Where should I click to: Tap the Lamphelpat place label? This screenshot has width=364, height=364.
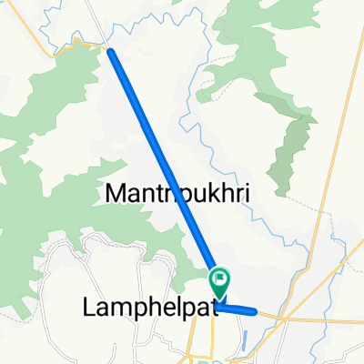149,308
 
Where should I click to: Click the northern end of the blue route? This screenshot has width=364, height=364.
111,51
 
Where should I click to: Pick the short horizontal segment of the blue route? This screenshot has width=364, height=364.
238,309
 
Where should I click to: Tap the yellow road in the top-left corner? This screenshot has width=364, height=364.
36,27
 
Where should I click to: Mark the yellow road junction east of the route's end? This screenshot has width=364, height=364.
283,318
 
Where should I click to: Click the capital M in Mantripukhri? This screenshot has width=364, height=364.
116,193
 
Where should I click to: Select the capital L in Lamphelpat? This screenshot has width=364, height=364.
89,308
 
